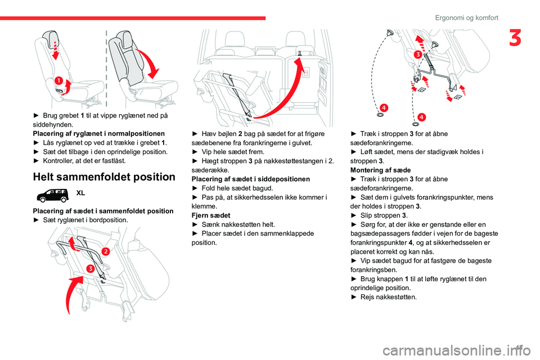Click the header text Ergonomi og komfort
466,17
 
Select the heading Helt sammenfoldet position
104,177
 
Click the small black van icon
52,195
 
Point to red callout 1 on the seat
58,82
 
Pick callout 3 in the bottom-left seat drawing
90,268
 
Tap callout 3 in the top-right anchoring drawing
417,55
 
